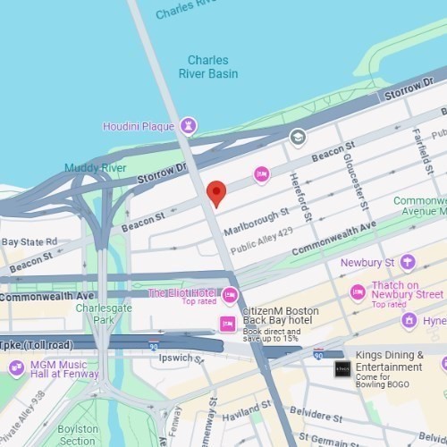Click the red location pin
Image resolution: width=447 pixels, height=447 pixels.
point(215,192)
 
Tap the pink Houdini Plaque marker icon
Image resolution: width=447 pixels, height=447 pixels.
point(188,125)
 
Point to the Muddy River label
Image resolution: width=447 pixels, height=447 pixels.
point(95,168)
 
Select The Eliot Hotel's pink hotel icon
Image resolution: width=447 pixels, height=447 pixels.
point(231,296)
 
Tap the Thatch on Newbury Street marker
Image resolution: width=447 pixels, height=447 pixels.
point(358,292)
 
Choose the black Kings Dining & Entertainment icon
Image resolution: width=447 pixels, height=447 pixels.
point(342,368)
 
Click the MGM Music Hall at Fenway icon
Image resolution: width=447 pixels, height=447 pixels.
point(16,368)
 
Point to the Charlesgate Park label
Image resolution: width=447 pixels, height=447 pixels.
point(98,314)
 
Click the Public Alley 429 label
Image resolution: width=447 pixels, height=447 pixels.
point(262,248)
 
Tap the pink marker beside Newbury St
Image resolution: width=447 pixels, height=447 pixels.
point(408,261)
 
